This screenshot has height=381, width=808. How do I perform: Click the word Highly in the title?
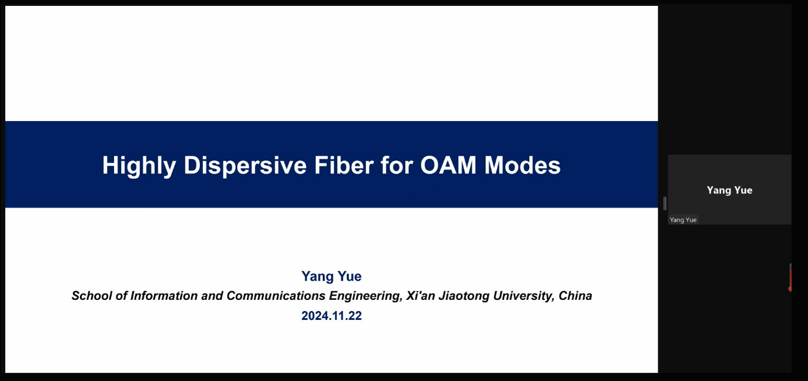pos(139,166)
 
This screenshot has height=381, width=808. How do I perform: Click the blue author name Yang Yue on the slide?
pos(332,277)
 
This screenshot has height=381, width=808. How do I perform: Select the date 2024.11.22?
pos(332,316)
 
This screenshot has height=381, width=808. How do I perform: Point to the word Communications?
pos(276,296)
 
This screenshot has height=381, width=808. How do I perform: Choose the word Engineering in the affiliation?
pos(366,296)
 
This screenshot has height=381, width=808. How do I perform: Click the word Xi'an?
pos(420,296)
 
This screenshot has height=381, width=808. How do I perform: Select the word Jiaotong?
pos(464,296)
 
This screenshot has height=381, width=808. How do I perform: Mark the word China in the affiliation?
pos(575,296)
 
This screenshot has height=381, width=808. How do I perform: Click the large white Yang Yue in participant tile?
pos(729,190)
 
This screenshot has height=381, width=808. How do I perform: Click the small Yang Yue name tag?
pos(683,220)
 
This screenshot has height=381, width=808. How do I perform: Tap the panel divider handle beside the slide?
pos(665,203)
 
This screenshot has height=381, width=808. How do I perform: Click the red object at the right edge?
pos(790,278)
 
